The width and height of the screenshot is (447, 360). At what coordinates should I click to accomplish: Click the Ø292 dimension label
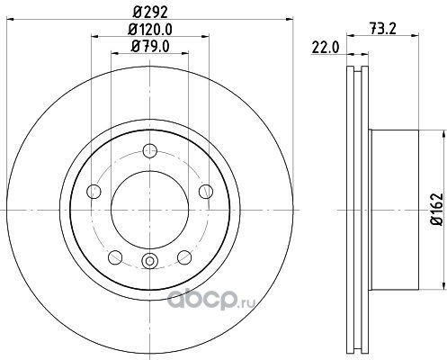click(150, 13)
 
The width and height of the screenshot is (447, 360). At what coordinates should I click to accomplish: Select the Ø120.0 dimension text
click(150, 30)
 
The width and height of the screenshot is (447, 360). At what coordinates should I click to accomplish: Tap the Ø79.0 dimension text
click(150, 47)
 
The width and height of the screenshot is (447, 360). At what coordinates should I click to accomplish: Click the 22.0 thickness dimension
click(325, 48)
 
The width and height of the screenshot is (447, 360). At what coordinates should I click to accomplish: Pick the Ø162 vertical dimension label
click(436, 209)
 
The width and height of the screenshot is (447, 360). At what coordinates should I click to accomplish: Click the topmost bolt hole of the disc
click(150, 150)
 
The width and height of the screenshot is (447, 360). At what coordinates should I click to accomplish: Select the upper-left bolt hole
click(94, 192)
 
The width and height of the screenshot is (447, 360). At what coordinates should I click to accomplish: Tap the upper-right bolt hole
click(206, 192)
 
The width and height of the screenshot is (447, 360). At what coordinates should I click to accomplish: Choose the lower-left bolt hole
click(115, 257)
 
